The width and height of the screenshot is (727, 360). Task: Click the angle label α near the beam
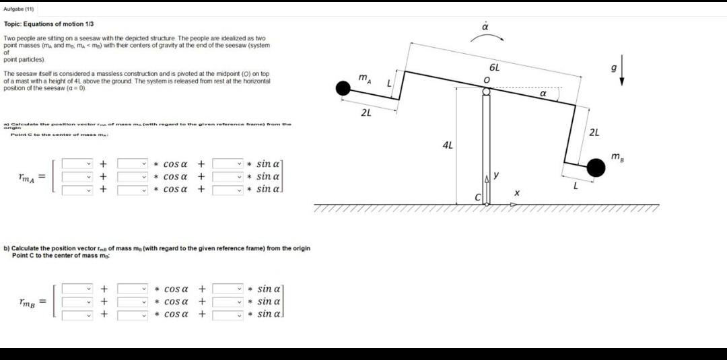543,95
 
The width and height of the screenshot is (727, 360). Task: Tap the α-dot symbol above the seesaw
485,27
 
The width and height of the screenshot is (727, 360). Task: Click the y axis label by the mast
496,176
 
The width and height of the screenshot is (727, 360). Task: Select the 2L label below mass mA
366,112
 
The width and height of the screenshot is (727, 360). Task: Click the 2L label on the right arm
594,132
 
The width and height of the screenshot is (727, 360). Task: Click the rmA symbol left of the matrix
28,177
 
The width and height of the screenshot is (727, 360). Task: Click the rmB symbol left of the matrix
28,302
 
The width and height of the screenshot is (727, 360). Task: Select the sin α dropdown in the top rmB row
229,289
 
